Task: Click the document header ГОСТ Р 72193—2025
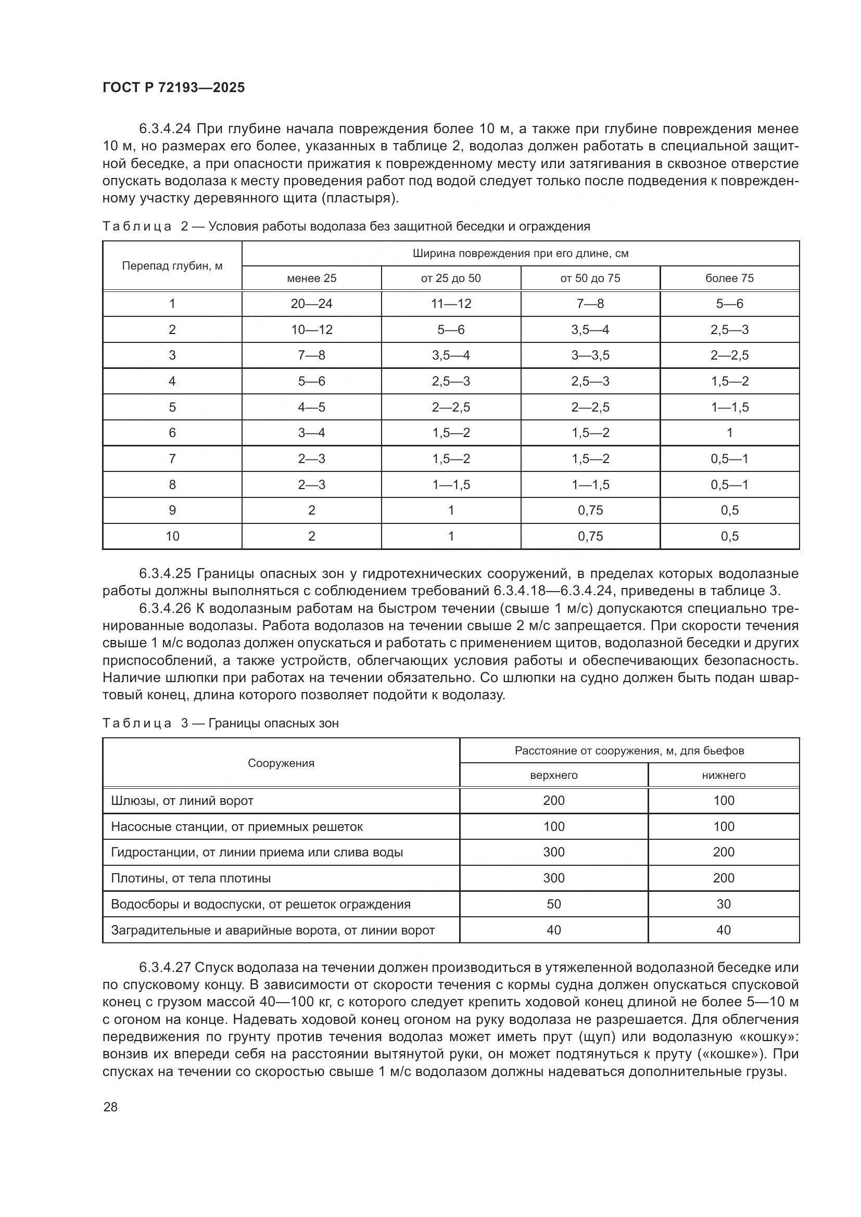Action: point(173,88)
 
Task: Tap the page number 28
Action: point(110,1107)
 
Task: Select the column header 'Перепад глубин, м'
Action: point(172,265)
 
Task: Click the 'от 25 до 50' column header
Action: point(451,278)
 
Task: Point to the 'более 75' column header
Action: point(729,278)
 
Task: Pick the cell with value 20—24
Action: point(311,304)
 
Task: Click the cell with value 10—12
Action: point(311,330)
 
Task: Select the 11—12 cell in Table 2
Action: point(451,304)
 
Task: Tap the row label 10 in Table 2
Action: point(172,536)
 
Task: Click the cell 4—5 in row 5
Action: point(311,407)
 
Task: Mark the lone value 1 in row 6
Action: point(729,432)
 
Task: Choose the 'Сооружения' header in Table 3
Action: point(281,763)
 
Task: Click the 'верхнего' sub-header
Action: point(553,775)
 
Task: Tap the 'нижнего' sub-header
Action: point(723,775)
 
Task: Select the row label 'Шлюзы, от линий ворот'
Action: point(182,800)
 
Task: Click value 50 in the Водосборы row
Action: point(553,904)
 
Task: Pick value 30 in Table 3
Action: point(723,904)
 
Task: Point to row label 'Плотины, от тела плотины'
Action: point(191,878)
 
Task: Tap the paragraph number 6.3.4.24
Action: point(166,129)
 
